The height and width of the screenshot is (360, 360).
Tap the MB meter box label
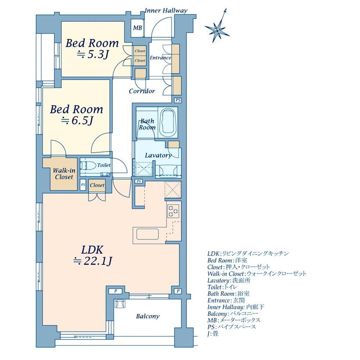point(137,28)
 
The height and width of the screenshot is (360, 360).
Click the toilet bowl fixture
point(88,165)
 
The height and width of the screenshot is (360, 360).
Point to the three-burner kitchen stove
point(173,211)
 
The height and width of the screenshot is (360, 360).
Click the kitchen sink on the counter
point(148,234)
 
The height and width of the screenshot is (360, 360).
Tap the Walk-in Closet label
point(64,174)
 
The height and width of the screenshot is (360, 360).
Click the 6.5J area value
point(77,121)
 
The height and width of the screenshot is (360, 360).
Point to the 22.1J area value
point(92,261)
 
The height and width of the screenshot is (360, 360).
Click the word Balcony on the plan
point(148,317)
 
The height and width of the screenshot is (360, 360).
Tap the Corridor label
point(142,91)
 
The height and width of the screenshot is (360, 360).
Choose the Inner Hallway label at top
point(166,11)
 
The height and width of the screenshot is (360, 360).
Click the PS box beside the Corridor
point(178,100)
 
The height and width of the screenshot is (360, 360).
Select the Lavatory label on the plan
point(158,155)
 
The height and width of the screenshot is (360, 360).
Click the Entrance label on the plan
point(160,58)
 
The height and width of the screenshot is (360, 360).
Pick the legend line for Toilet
point(223,287)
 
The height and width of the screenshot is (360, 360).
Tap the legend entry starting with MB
point(234,320)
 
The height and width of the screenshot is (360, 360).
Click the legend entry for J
point(213,334)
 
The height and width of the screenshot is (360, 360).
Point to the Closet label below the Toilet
point(97,185)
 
